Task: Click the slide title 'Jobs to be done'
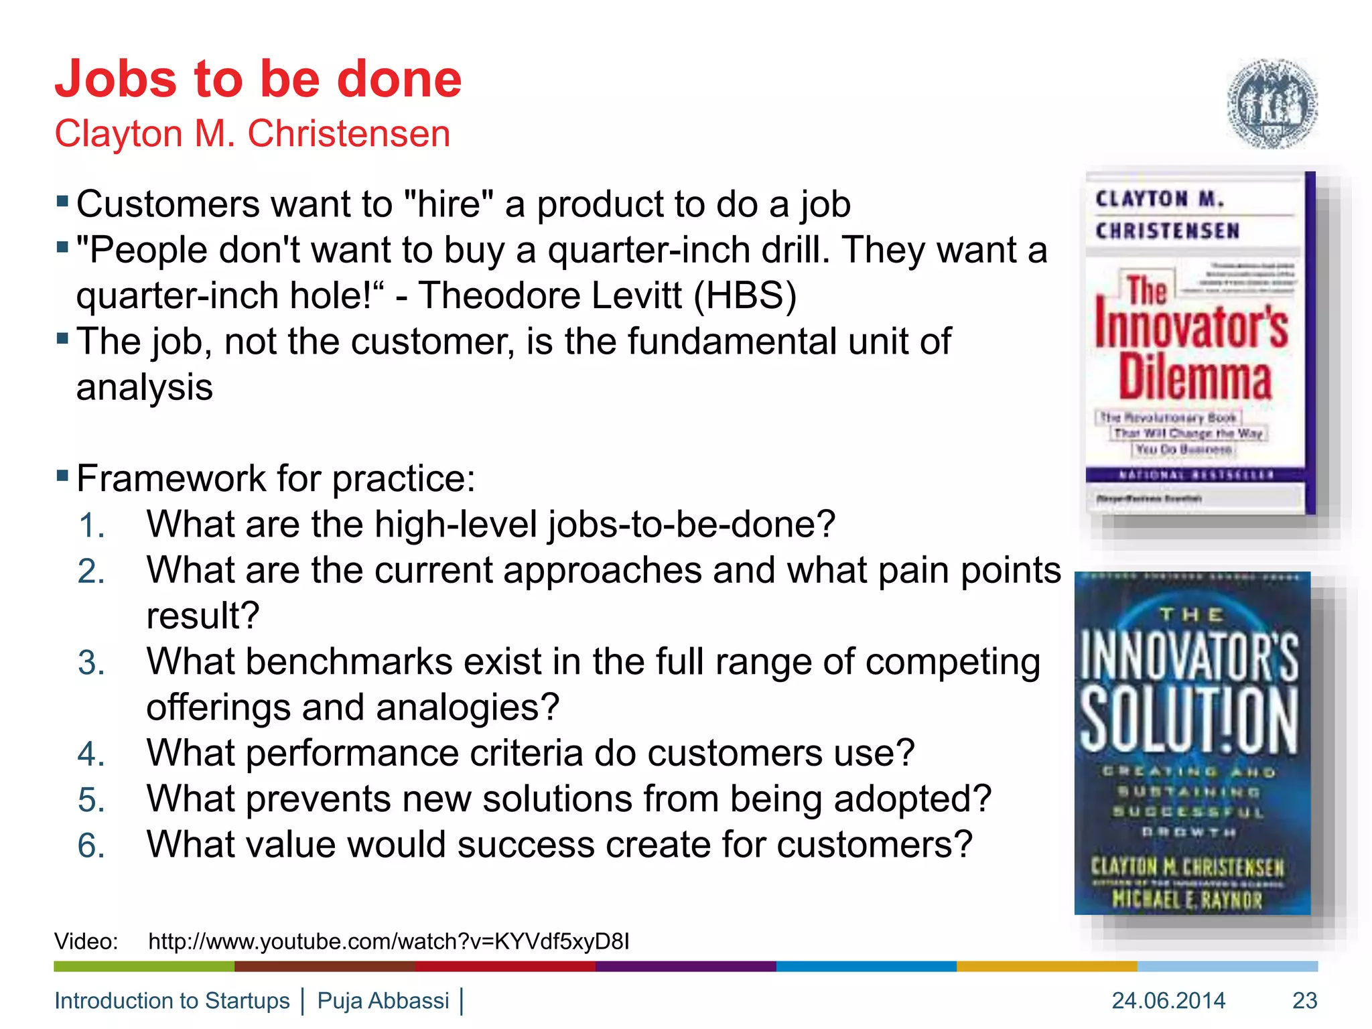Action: tap(258, 79)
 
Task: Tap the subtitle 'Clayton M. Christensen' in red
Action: tap(252, 133)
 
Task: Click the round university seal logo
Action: tap(1272, 104)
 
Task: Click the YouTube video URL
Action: tap(389, 941)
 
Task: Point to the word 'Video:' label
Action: tap(86, 941)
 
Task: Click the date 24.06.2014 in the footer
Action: tap(1168, 1000)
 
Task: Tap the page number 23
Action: tap(1304, 1000)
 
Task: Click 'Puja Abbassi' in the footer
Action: tap(383, 1000)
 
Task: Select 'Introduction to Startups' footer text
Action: tap(172, 1000)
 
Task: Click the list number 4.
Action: tap(90, 754)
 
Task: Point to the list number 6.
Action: tap(90, 845)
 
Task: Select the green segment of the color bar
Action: tap(144, 966)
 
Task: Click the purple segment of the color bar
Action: tap(685, 966)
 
